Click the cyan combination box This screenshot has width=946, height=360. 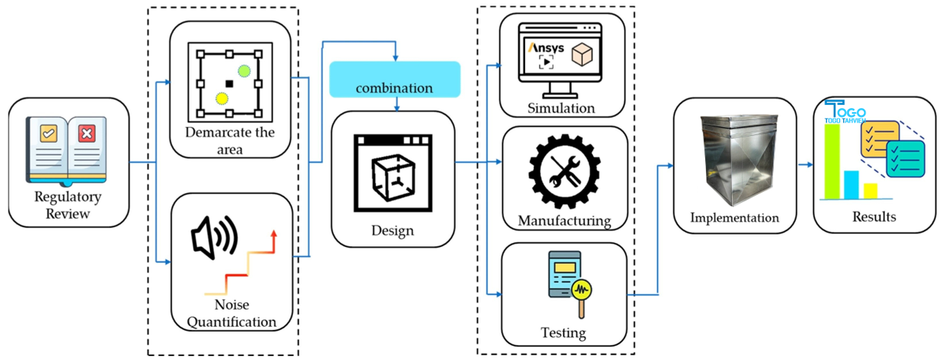pyautogui.click(x=394, y=79)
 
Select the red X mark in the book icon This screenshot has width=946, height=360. pyautogui.click(x=87, y=134)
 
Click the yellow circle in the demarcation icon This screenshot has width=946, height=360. pyautogui.click(x=222, y=98)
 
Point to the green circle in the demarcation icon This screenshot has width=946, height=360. pyautogui.click(x=244, y=71)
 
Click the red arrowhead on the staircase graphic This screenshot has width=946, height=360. pyautogui.click(x=274, y=235)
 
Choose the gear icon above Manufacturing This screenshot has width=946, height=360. pyautogui.click(x=564, y=174)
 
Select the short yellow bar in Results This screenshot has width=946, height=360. pyautogui.click(x=870, y=189)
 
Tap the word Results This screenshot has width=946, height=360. pyautogui.click(x=868, y=216)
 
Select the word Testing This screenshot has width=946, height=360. pyautogui.click(x=564, y=332)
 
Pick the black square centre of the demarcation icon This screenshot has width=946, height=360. pyautogui.click(x=229, y=83)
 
